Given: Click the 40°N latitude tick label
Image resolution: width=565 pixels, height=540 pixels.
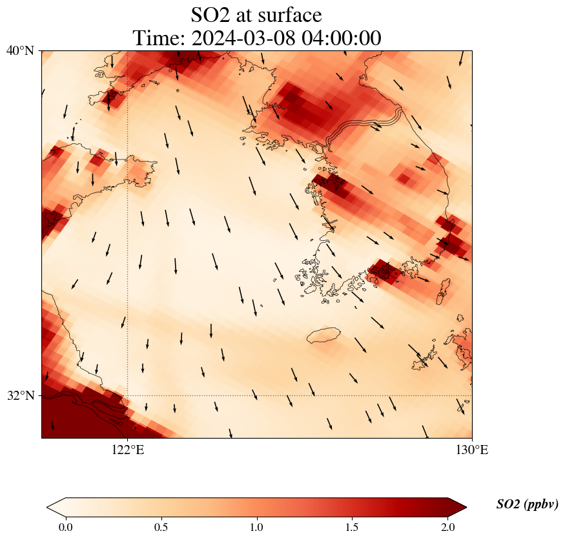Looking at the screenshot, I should tap(20, 50).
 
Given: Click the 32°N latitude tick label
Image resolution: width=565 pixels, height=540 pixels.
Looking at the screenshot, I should tap(20, 395).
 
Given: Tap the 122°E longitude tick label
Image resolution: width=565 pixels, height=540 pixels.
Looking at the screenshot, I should tap(128, 450).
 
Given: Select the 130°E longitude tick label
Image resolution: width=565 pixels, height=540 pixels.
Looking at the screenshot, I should tap(472, 450).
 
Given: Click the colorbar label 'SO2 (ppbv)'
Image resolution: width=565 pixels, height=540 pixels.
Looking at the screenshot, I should tap(527, 504).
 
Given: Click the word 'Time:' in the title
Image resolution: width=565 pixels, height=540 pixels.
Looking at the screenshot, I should tap(159, 38).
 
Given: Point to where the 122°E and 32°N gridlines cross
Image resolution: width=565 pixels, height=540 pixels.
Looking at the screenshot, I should tap(128, 395).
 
